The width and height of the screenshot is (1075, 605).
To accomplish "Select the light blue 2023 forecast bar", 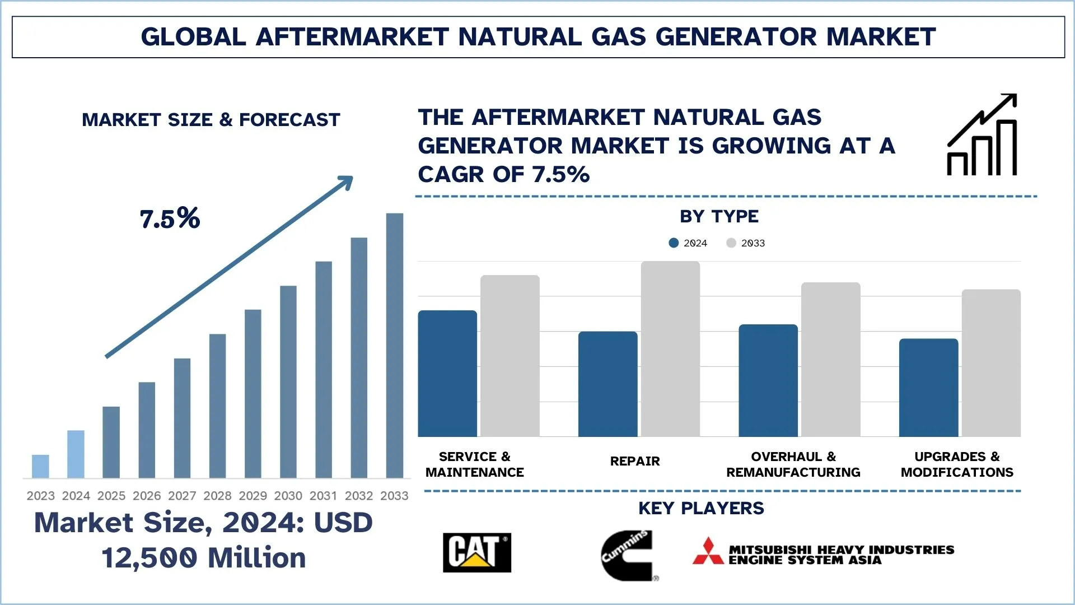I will coord(40,466).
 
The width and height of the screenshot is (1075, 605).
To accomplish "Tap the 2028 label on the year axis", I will coord(217,496).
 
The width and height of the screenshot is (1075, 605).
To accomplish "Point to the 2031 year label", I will coord(323,496).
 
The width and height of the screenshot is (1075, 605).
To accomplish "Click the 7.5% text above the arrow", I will coord(170,218).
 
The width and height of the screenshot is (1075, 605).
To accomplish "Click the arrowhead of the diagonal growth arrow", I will coord(345,182).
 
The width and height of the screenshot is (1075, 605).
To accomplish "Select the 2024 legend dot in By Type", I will coord(674,243).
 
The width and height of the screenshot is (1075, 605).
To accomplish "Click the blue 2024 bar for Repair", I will coord(607,384).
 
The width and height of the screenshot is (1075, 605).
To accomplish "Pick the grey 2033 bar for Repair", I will coord(670,348).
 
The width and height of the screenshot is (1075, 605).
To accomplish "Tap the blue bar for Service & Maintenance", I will coord(447,373).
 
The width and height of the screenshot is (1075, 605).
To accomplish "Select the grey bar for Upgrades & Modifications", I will coord(990,362).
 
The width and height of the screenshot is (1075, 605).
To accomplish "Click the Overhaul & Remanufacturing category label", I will coord(793,464).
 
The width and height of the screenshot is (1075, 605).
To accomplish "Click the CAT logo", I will coord(476,552).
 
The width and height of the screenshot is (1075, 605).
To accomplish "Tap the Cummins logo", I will coord(627,555).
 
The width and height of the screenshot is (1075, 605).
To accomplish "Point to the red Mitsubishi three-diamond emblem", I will coord(708,551).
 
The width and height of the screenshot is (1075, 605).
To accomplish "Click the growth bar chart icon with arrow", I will coord(982,135).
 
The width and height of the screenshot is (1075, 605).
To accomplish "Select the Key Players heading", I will coord(700,508).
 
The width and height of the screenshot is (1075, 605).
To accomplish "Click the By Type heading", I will coord(719,216).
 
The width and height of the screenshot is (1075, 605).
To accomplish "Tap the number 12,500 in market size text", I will coord(149,558).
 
